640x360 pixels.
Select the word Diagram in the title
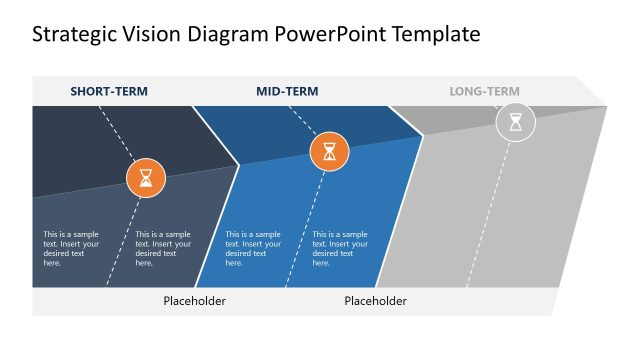pyautogui.click(x=222, y=35)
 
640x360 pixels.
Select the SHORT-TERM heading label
pyautogui.click(x=109, y=92)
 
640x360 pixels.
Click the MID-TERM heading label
pyautogui.click(x=287, y=92)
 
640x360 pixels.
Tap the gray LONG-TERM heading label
pyautogui.click(x=484, y=92)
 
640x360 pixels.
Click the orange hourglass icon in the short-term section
pyautogui.click(x=146, y=178)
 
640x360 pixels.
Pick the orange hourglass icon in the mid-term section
pyautogui.click(x=330, y=152)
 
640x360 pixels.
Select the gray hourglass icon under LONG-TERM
pyautogui.click(x=516, y=123)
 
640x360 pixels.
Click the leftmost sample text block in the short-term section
pyautogui.click(x=71, y=249)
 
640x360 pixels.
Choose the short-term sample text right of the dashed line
pyautogui.click(x=162, y=249)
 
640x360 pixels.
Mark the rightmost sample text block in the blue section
pyautogui.click(x=340, y=249)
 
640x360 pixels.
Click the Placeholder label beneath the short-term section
pyautogui.click(x=194, y=301)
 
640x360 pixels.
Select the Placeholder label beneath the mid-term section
pyautogui.click(x=375, y=301)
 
